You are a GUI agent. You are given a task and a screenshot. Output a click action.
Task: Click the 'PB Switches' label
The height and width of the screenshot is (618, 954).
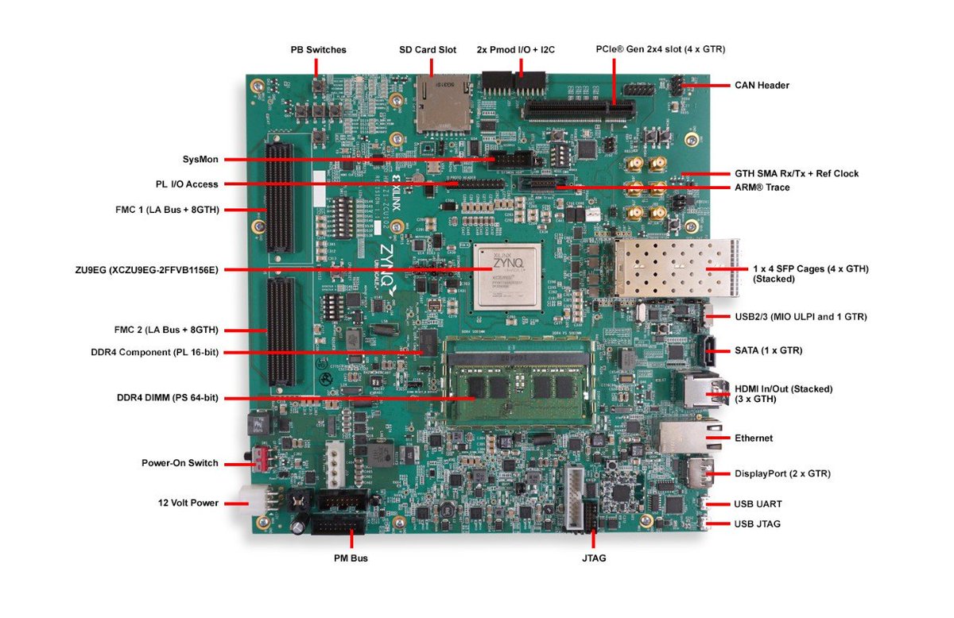tap(318, 49)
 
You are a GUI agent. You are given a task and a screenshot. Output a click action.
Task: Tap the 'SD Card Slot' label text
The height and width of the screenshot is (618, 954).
tap(428, 49)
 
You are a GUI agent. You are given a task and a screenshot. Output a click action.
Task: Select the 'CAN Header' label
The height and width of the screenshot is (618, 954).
tap(762, 85)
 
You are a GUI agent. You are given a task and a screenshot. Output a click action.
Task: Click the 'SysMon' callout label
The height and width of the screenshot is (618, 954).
tap(200, 160)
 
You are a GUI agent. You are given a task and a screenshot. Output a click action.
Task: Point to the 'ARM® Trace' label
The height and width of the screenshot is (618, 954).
tap(762, 187)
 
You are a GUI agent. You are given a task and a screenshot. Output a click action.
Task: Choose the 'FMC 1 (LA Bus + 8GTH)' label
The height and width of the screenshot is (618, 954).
tap(167, 210)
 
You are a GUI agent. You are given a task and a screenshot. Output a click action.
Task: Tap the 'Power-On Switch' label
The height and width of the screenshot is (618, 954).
tap(180, 463)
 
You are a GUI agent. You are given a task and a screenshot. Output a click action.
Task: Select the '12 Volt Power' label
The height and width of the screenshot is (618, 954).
tap(188, 503)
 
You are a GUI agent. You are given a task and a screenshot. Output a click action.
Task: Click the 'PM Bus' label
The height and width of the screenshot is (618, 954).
tap(351, 558)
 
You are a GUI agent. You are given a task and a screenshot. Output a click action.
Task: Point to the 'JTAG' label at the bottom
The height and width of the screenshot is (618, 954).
tap(594, 558)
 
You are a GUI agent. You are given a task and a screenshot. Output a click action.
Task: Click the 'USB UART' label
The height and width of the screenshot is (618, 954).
tap(758, 504)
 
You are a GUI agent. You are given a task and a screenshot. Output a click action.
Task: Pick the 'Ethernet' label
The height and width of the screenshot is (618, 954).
tap(754, 438)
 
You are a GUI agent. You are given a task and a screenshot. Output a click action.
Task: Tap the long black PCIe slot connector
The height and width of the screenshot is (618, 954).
tap(577, 110)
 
